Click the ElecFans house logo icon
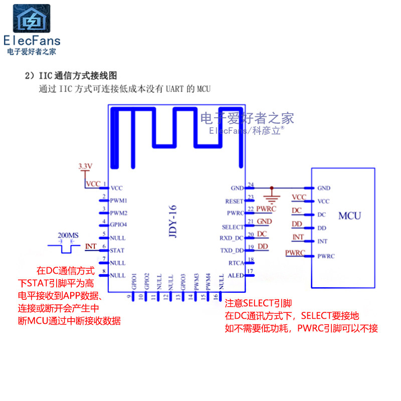(32, 19)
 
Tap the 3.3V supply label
(86, 166)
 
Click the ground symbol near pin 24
(272, 193)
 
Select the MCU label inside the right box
(349, 216)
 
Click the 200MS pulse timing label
(68, 235)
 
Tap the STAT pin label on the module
(117, 250)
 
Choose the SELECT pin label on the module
(233, 227)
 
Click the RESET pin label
(234, 201)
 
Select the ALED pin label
(236, 275)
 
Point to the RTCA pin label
(236, 263)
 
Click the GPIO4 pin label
(118, 225)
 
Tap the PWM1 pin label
(118, 200)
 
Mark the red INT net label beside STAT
(91, 246)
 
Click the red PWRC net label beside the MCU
(295, 253)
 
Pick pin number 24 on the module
(251, 184)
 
